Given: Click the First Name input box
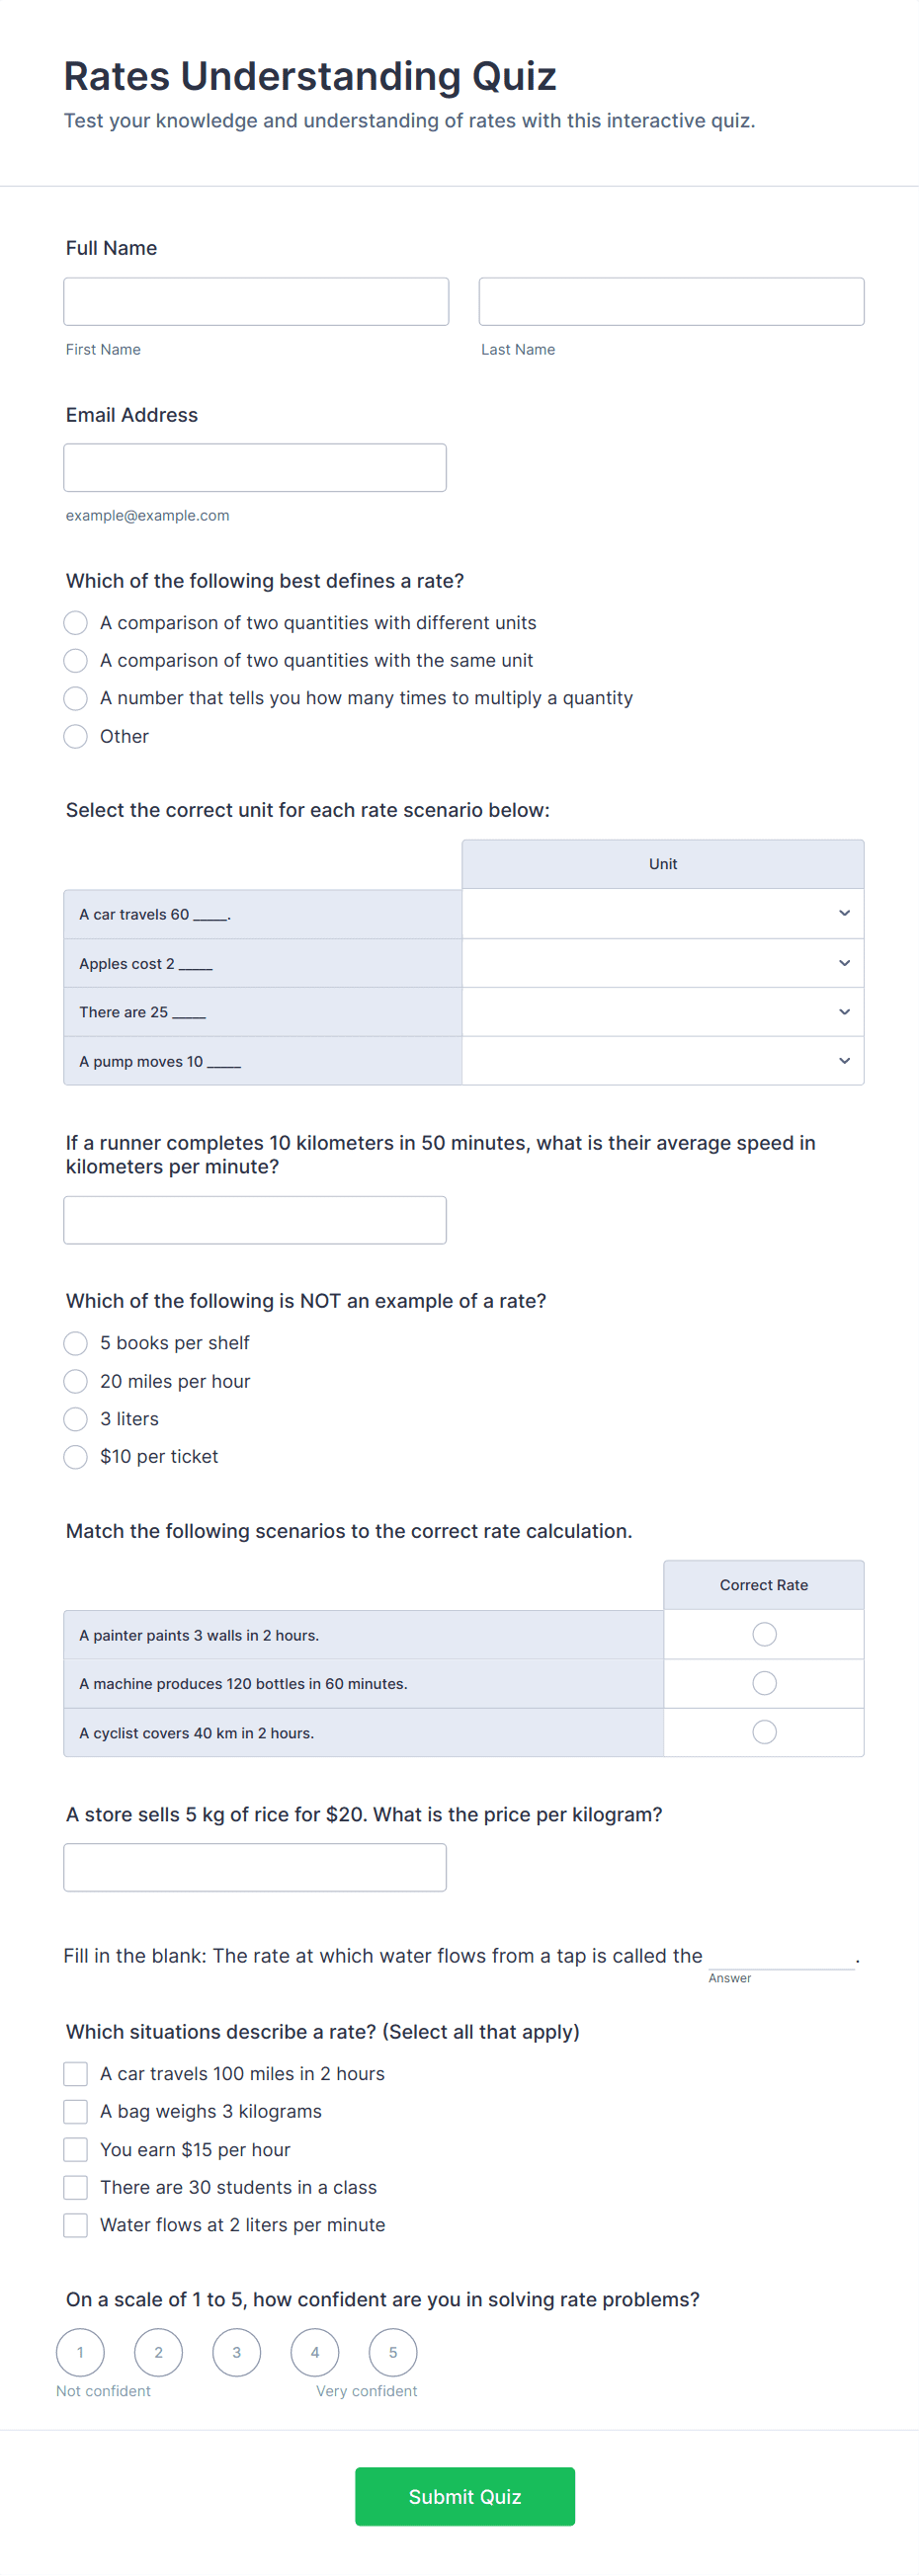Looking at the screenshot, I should click(x=256, y=301).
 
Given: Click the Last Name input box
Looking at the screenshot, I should click(x=671, y=301).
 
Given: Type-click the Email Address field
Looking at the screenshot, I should click(x=255, y=468).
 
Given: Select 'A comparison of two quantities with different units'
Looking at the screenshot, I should click(x=76, y=622).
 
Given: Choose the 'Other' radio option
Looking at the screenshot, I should click(x=76, y=737).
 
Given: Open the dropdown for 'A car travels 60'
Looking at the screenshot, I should click(x=662, y=914).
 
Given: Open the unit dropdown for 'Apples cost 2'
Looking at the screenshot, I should click(x=662, y=963).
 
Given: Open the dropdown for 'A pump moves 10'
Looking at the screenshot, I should click(x=662, y=1061).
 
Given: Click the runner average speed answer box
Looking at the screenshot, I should click(x=255, y=1220).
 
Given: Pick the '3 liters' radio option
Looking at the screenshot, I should click(x=76, y=1418).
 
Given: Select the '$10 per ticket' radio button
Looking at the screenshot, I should click(x=76, y=1457).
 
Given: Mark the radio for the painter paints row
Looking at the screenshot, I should click(x=764, y=1635).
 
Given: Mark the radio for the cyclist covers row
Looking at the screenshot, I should click(x=764, y=1732).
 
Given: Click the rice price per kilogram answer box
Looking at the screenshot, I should click(x=255, y=1867).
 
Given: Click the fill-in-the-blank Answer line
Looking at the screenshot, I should click(x=781, y=1957).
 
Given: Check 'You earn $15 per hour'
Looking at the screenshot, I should click(x=76, y=2149).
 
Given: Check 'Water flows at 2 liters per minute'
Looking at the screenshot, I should click(x=76, y=2225).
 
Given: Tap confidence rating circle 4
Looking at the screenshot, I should click(x=315, y=2352).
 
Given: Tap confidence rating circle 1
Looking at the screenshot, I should click(x=81, y=2352).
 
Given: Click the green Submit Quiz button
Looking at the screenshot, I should click(x=465, y=2496).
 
